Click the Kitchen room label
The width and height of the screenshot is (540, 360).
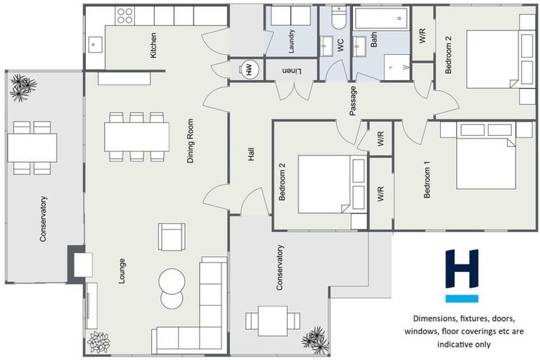coord(153,45)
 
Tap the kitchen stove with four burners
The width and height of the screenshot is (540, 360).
coord(125,15)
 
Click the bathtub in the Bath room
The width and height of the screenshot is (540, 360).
coord(381,18)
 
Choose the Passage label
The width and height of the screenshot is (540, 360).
coord(353,101)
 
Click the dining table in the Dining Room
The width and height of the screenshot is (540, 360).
coord(136,136)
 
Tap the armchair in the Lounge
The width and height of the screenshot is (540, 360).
coord(172,236)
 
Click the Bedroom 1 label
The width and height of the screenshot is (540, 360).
coord(427,181)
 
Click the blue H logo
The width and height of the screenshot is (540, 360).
coord(461,275)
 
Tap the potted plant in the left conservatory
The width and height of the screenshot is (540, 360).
coord(22,87)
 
